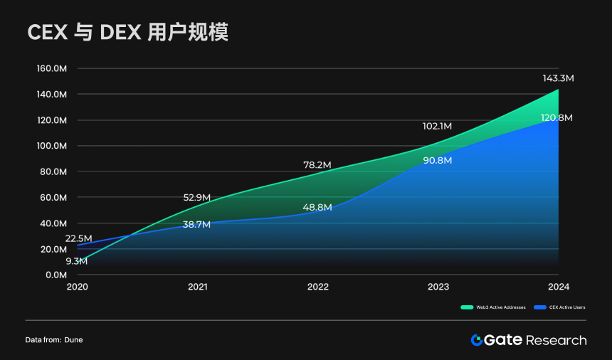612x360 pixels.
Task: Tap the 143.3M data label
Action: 558,78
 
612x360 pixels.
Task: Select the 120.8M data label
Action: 556,118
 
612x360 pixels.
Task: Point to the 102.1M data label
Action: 437,126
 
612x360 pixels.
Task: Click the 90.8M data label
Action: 437,160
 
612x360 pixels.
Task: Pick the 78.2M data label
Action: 317,165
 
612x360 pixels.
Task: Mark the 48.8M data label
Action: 317,208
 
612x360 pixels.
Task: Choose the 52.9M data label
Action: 198,198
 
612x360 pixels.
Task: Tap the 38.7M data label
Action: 196,224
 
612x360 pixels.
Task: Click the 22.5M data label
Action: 78,238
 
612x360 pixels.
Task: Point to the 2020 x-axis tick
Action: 77,287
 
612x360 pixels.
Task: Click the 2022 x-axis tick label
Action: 318,287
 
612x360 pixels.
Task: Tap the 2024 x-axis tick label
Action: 558,287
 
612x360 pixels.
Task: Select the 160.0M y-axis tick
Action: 51,69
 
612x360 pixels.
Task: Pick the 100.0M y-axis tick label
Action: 51,146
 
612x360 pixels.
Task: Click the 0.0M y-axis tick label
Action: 56,275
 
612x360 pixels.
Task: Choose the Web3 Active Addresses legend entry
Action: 494,307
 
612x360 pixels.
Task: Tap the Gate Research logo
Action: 529,340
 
